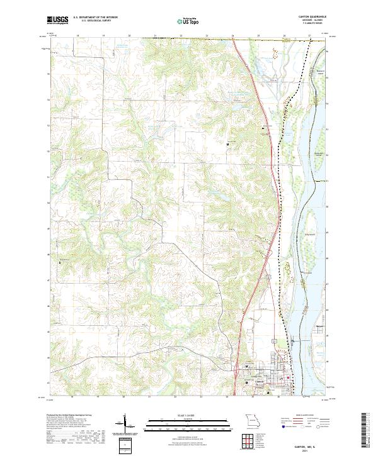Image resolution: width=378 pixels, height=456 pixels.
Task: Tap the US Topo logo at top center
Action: coord(188,21)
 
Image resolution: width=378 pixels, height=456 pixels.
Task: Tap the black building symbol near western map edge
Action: coord(59,260)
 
